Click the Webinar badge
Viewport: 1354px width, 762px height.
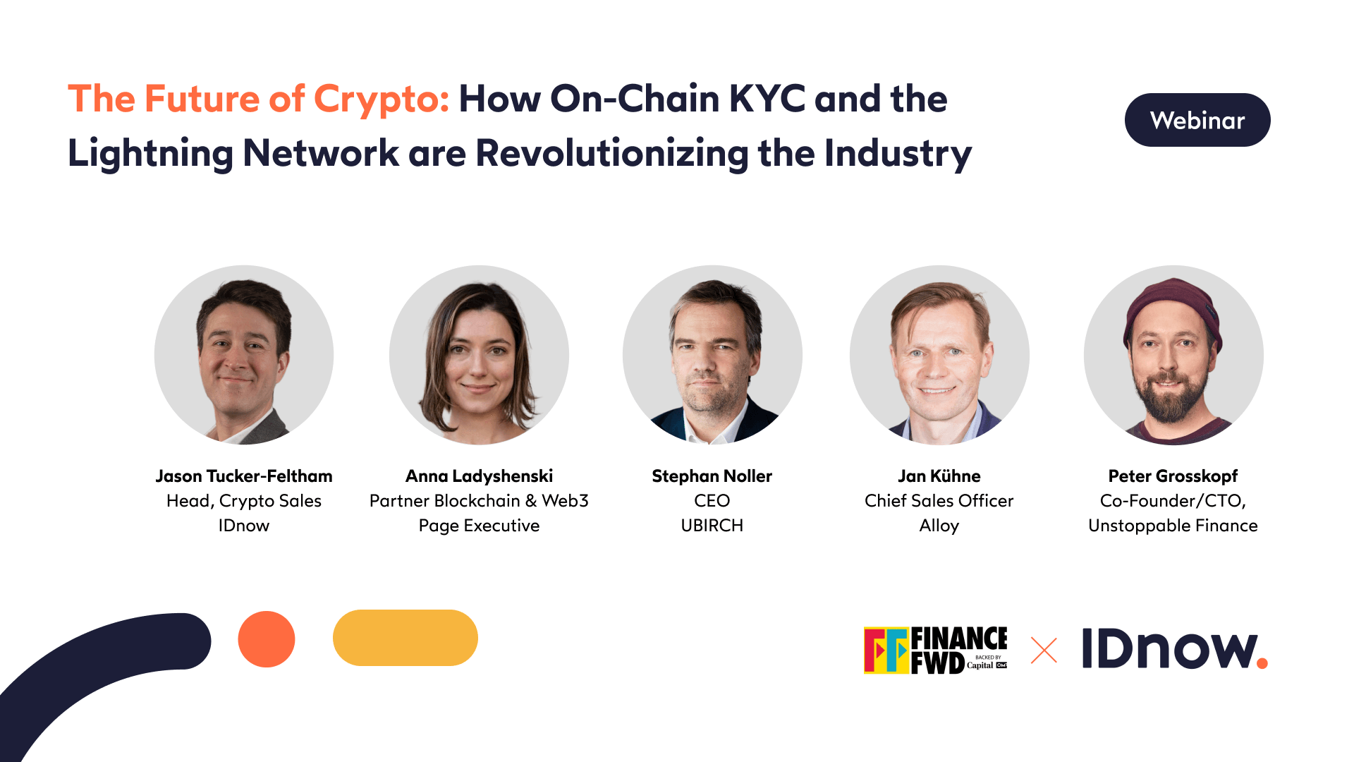coord(1197,120)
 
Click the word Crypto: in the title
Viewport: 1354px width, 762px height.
coord(381,99)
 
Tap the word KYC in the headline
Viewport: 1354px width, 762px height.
coord(767,99)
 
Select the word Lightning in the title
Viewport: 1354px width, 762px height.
coord(150,153)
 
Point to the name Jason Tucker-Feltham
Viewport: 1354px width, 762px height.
coord(244,476)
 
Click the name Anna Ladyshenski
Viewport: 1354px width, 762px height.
coord(479,476)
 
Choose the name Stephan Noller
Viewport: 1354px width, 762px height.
coord(712,476)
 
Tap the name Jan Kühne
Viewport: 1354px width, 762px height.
coord(939,476)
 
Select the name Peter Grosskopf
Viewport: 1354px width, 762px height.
coord(1173,476)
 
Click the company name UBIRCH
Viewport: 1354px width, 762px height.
coord(712,526)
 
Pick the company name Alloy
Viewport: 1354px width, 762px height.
coord(939,526)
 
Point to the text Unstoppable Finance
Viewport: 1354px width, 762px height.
coord(1173,526)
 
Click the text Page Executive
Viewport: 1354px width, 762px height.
coord(479,526)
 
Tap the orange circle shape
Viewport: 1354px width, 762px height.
coord(267,639)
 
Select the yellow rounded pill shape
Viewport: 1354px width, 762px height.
coord(405,638)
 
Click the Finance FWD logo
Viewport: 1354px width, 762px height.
coord(936,650)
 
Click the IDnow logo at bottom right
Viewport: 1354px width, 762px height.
coord(1174,648)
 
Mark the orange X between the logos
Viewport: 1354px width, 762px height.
coord(1044,651)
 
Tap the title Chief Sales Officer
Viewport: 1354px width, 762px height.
coord(939,501)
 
